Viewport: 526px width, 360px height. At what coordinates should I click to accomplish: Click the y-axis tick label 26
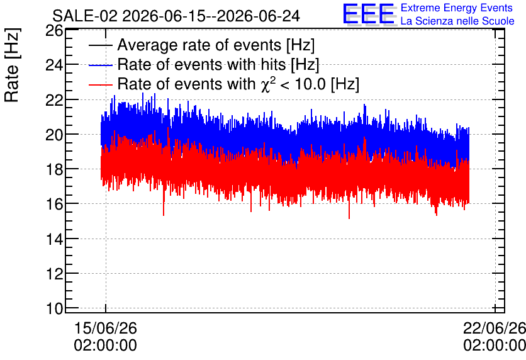[54, 31]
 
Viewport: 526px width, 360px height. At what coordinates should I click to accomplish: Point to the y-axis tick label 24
[54, 65]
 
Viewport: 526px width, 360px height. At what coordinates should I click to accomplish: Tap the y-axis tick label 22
[54, 99]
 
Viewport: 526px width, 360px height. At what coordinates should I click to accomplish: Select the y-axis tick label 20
[54, 135]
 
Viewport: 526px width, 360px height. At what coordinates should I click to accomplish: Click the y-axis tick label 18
[54, 169]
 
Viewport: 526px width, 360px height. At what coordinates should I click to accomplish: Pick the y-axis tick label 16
[54, 204]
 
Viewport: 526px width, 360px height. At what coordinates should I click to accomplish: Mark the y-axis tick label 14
[54, 239]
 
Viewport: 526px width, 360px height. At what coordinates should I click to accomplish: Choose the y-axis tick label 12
[54, 273]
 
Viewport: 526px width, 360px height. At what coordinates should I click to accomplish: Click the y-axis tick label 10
[54, 308]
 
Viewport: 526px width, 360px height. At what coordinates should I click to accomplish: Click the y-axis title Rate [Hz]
[12, 65]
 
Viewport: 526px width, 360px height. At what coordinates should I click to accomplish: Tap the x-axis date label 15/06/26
[105, 328]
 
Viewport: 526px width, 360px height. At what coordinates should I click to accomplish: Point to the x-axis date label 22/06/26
[495, 328]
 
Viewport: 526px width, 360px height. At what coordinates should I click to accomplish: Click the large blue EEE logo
[369, 14]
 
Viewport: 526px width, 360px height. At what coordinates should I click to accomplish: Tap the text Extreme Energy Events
[457, 8]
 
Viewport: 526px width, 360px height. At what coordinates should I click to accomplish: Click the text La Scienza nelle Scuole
[457, 21]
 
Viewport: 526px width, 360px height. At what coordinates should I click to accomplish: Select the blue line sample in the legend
[101, 65]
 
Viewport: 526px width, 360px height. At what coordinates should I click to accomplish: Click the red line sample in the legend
[101, 84]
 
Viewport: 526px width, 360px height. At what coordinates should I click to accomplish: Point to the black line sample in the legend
[101, 45]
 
